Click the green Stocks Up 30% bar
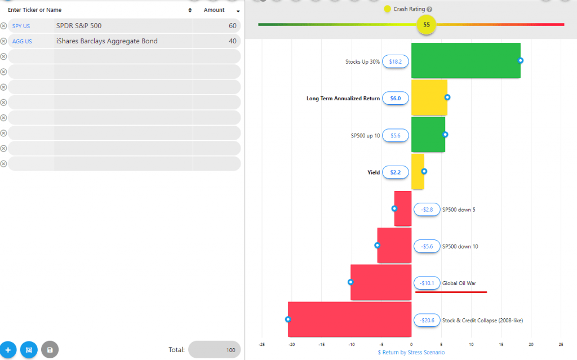(x=465, y=60)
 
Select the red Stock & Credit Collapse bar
(x=349, y=319)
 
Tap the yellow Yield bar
(x=418, y=172)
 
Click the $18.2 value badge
(x=396, y=61)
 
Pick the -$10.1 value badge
(x=427, y=283)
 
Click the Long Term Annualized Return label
(x=343, y=99)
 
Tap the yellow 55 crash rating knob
(x=427, y=25)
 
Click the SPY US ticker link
(x=21, y=26)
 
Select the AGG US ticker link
(x=22, y=41)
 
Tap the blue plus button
(x=8, y=350)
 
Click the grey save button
(x=50, y=350)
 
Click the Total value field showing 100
(x=215, y=350)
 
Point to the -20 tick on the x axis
(x=291, y=344)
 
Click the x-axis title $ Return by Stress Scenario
(x=411, y=352)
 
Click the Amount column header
(x=214, y=10)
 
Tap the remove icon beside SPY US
(x=3, y=26)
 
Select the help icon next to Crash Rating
(x=429, y=10)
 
